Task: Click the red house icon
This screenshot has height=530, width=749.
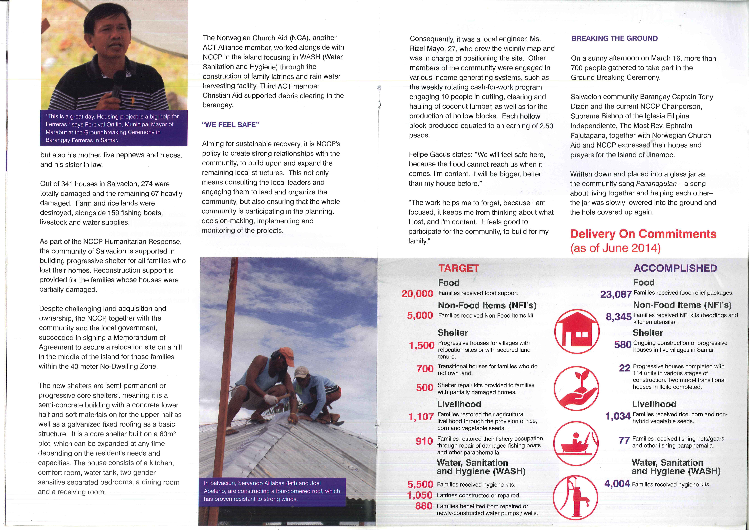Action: coord(577,332)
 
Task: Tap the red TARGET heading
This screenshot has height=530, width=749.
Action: coord(459,268)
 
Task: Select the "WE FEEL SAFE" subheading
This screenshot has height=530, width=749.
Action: coord(230,125)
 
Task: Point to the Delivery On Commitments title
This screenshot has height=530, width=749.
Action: coord(643,234)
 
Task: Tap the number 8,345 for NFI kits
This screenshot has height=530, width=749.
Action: coord(618,317)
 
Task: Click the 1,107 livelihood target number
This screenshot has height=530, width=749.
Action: coord(421,417)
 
